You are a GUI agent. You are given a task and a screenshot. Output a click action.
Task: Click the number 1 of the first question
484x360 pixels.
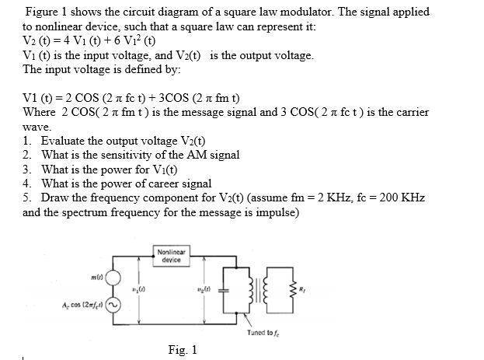pos(26,141)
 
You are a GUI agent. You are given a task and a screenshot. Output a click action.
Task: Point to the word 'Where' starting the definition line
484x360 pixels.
pos(40,112)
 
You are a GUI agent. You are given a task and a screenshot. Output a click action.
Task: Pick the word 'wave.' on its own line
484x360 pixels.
pos(37,126)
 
